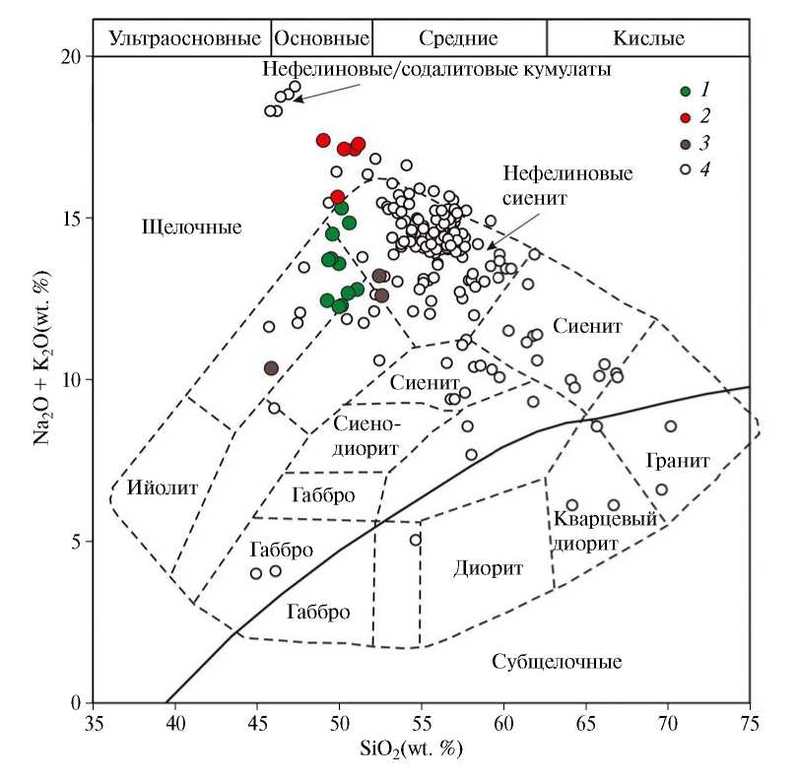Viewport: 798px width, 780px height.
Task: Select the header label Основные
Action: [x=321, y=38]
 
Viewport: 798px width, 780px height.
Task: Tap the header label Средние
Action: [x=458, y=38]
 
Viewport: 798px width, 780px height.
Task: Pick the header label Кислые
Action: [x=648, y=38]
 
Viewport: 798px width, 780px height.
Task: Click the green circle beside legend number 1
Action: [x=685, y=92]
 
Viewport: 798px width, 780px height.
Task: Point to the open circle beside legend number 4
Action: [x=685, y=170]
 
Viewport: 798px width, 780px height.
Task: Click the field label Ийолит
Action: [x=163, y=487]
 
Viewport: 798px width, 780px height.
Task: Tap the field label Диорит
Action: [x=488, y=568]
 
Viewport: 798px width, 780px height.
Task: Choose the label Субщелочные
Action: [x=557, y=661]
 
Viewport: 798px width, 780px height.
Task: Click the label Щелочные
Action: [x=192, y=227]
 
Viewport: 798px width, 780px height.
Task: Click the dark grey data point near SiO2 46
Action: [x=272, y=368]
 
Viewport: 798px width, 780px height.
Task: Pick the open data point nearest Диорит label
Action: [x=416, y=540]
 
